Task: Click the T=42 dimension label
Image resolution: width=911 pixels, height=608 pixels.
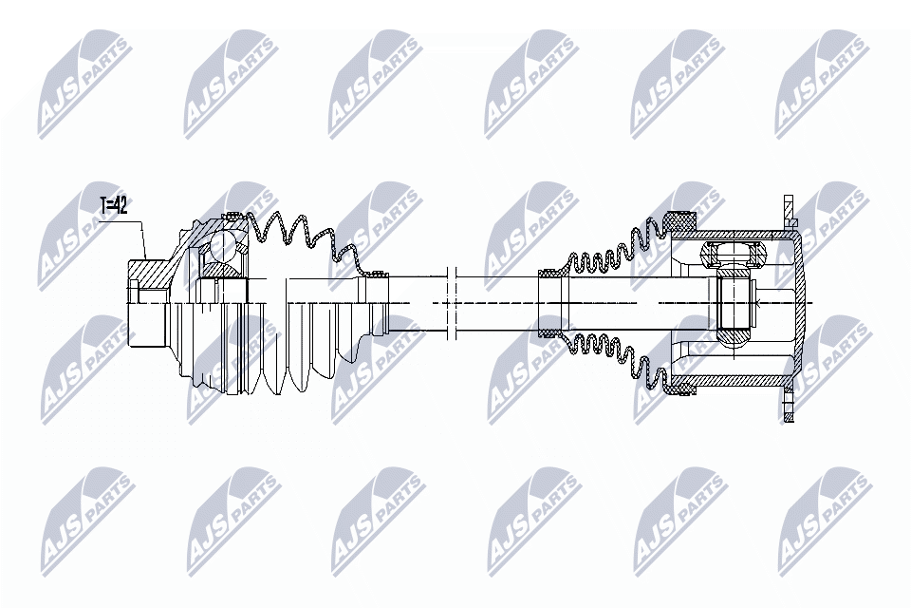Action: tap(115, 205)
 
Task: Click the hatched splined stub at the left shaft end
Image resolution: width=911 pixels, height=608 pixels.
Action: tap(147, 275)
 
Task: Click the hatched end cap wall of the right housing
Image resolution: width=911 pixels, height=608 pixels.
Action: tap(803, 304)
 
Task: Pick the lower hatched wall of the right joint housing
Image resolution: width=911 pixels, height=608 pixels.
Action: tap(740, 380)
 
